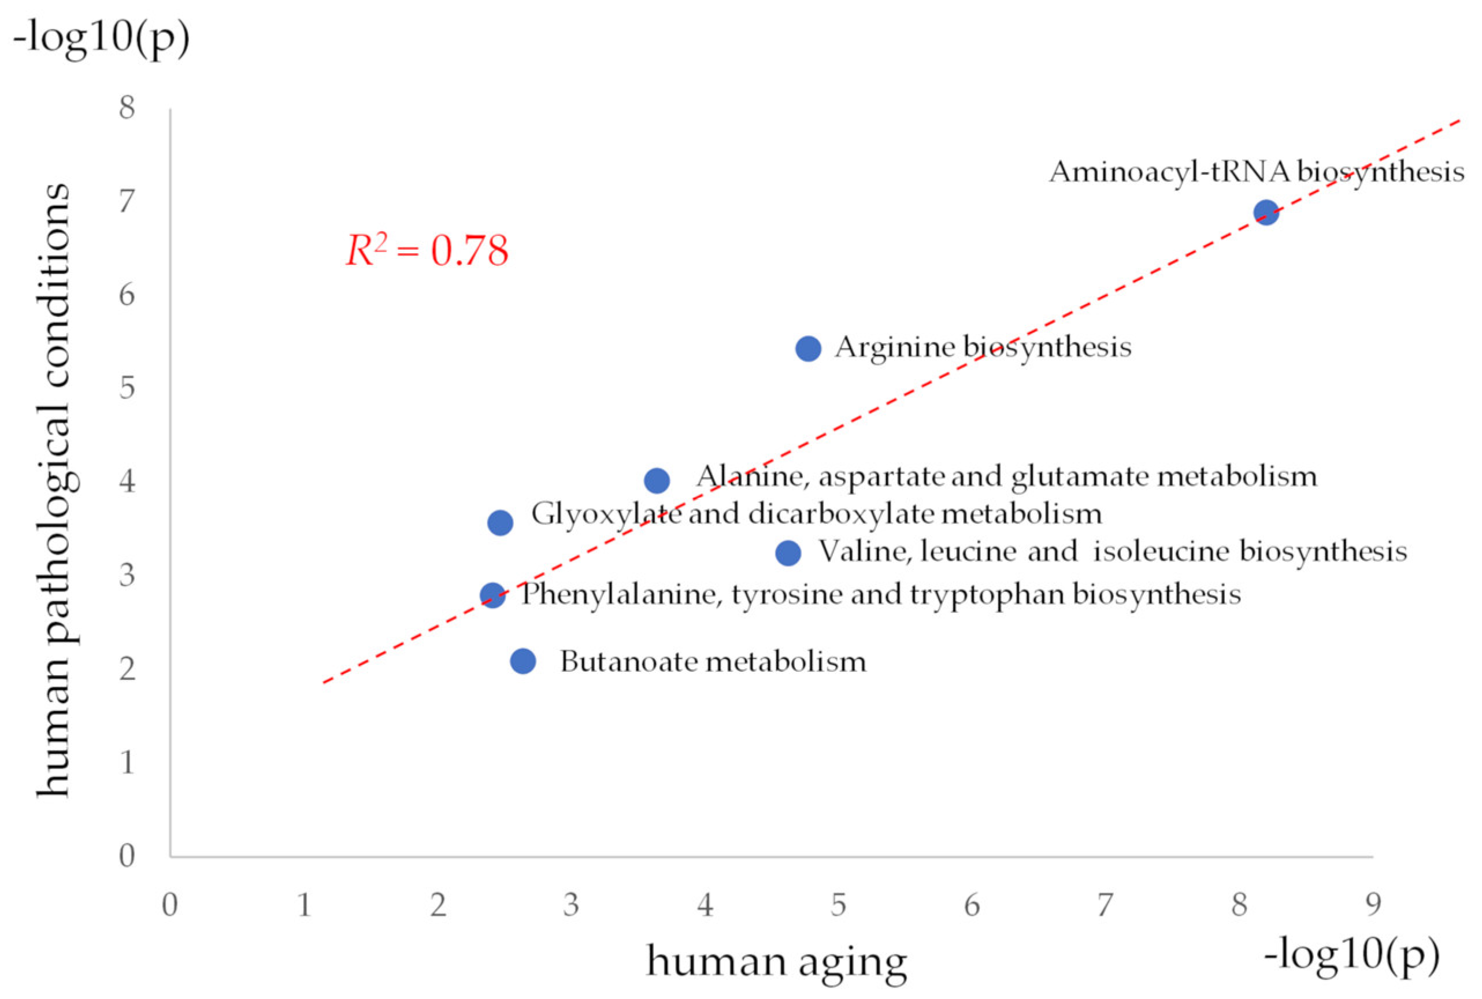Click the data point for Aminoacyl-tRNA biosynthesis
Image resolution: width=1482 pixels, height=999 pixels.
pos(1265,212)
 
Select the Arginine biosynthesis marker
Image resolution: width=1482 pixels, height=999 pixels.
pos(807,349)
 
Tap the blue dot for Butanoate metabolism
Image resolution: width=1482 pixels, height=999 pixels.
pos(523,661)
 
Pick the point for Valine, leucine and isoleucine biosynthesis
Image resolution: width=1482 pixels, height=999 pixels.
pos(788,553)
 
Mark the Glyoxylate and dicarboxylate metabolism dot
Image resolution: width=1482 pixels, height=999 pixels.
pos(500,523)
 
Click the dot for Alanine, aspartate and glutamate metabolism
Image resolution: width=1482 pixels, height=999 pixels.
pos(657,480)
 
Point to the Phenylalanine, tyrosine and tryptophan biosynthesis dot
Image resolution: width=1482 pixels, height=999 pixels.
pos(492,595)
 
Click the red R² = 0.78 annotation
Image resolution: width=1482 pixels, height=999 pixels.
pos(427,250)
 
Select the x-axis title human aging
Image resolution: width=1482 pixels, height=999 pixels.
pos(776,962)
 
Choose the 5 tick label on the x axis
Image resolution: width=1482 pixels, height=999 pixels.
pos(838,905)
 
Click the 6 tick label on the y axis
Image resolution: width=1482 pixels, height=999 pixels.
pos(127,294)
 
